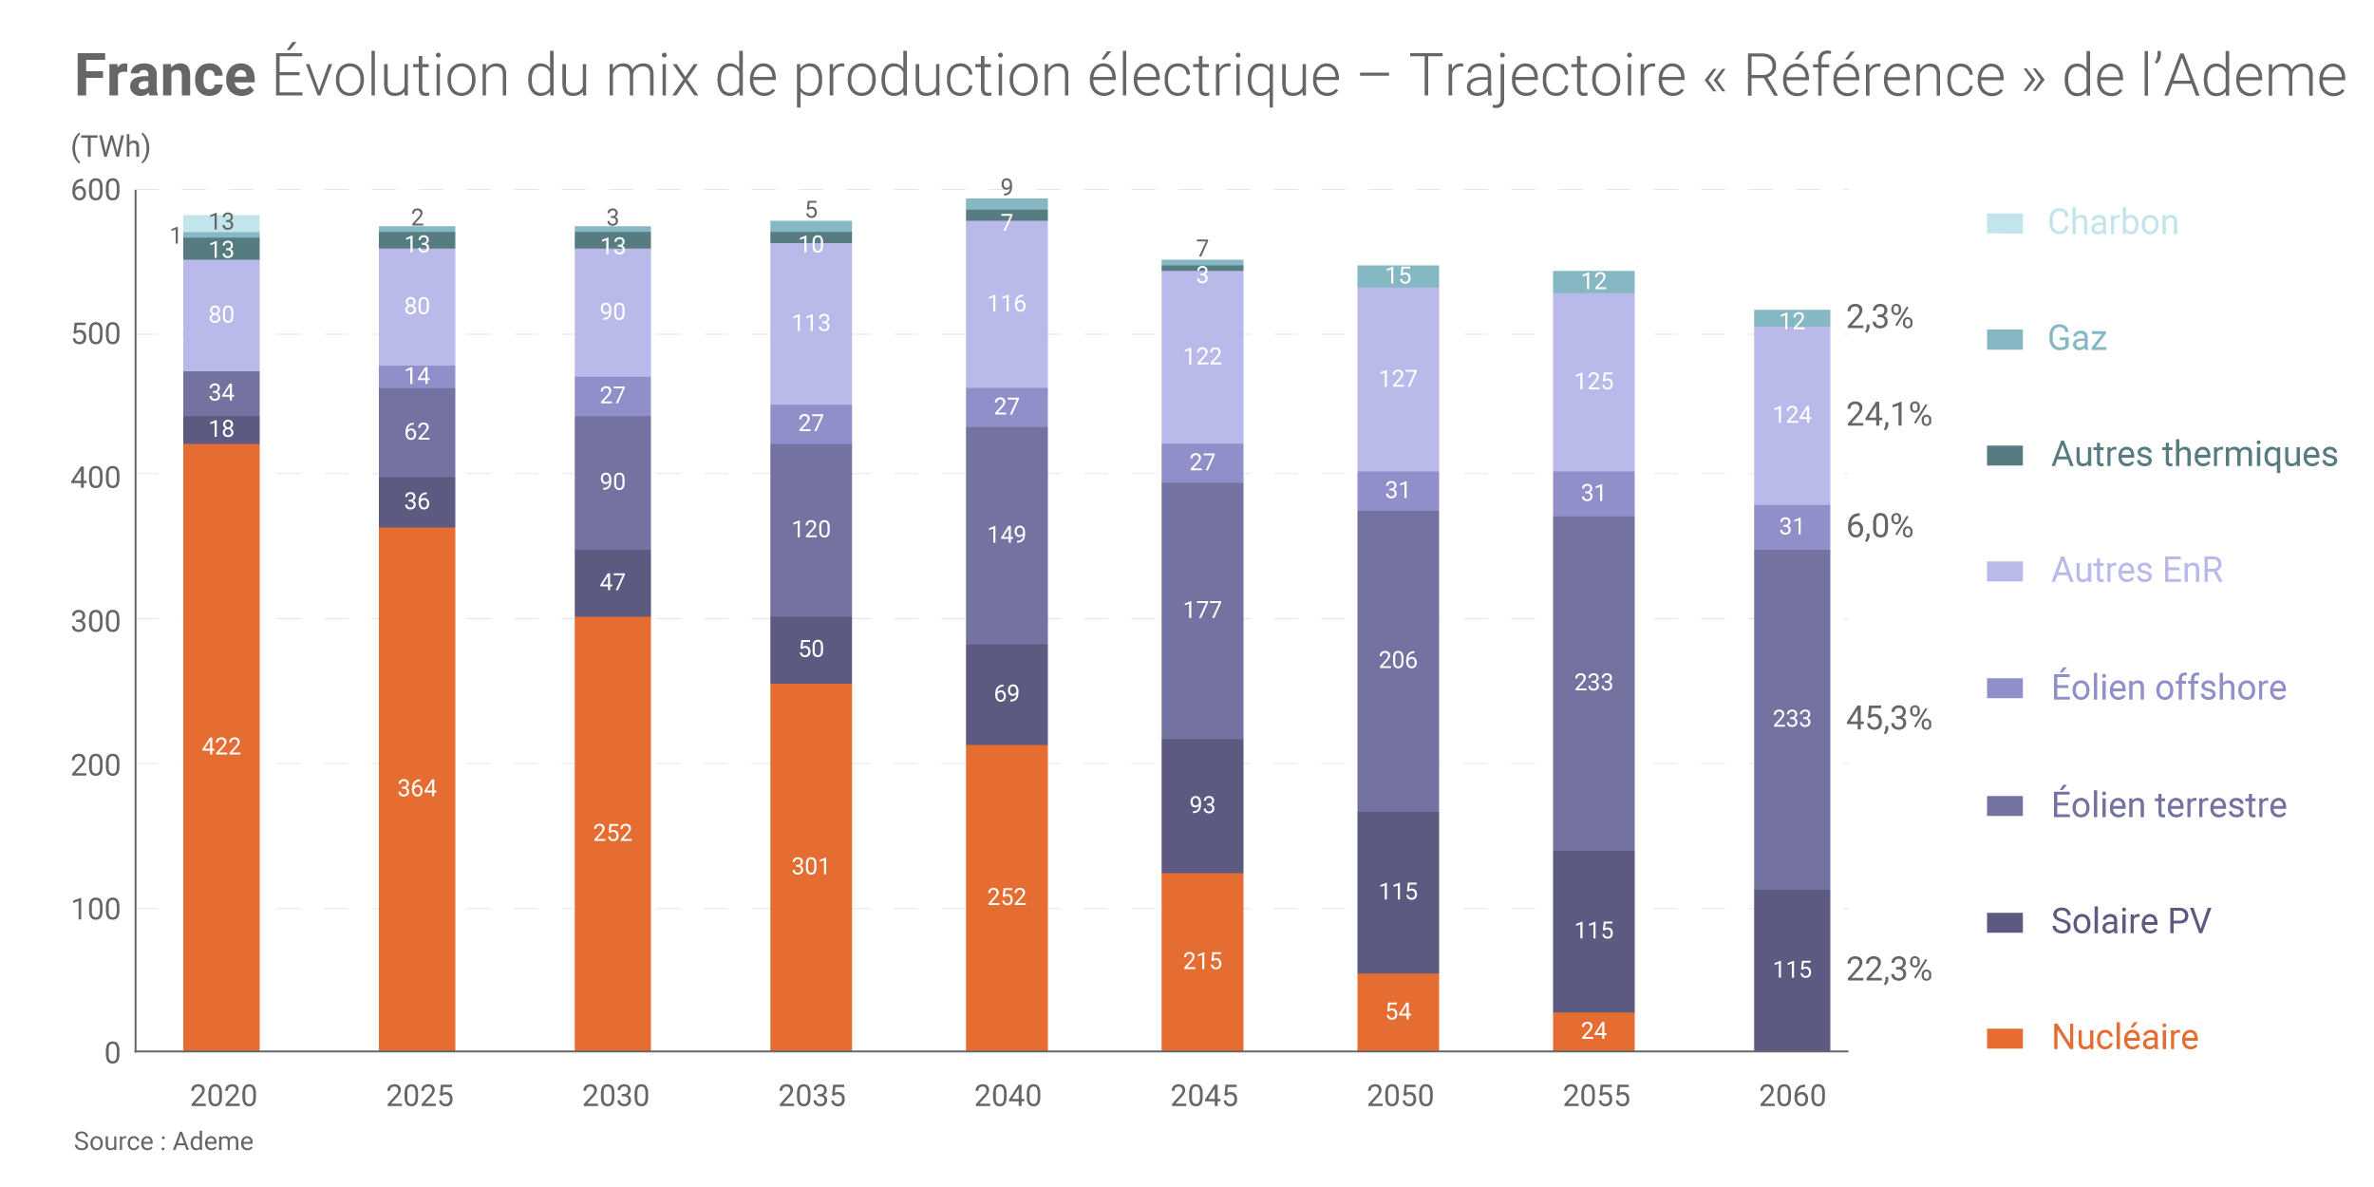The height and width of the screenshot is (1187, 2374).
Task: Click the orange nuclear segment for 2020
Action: [221, 746]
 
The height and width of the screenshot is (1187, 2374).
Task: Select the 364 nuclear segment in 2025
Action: [417, 788]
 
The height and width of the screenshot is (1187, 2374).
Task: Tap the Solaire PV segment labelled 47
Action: [612, 582]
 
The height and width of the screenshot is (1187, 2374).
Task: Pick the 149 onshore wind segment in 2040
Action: [1007, 535]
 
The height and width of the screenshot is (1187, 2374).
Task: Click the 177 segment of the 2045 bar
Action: [1202, 610]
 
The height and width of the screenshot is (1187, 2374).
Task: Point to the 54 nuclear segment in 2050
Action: [1398, 1011]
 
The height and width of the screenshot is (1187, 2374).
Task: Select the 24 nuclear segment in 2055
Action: [1593, 1030]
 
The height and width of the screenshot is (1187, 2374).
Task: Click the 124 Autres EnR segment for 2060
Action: [1792, 415]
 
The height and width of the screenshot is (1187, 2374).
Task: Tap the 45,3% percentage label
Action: [1888, 718]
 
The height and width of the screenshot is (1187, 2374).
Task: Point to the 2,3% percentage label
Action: [1878, 316]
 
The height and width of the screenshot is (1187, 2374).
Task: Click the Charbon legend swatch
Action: [2004, 223]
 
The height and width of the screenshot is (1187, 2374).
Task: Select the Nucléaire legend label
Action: [2124, 1037]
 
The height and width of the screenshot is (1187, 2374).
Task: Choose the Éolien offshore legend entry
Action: [2168, 688]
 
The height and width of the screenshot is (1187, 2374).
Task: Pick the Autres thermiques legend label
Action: [2194, 454]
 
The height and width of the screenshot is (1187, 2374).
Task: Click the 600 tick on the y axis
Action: [96, 190]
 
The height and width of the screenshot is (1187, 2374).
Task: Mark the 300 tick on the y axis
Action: [96, 621]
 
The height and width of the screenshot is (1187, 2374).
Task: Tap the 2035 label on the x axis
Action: [811, 1096]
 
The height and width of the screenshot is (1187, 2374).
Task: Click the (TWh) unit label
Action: [111, 146]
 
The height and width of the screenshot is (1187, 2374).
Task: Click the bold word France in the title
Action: [165, 76]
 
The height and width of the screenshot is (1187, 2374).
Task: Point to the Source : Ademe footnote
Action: [163, 1141]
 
